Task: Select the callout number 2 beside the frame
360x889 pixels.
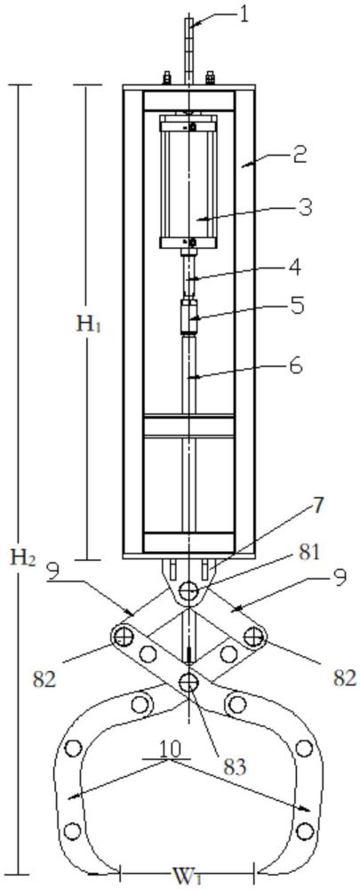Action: click(x=300, y=155)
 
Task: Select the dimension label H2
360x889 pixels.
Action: click(x=24, y=558)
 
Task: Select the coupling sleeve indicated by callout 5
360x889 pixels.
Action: click(x=188, y=317)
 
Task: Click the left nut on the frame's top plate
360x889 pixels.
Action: click(x=167, y=77)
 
